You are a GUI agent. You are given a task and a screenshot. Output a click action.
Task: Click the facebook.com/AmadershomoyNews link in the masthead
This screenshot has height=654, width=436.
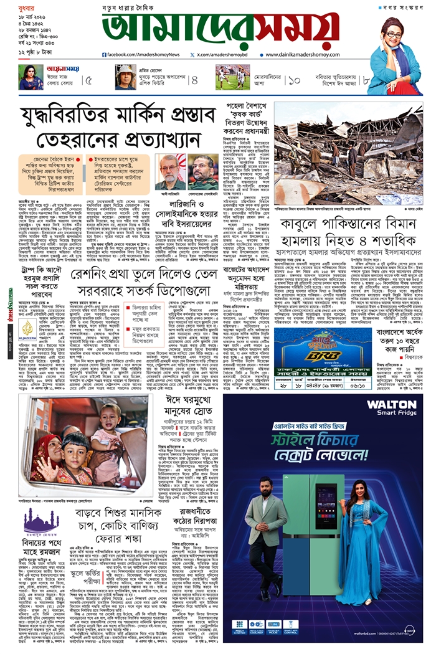(138, 55)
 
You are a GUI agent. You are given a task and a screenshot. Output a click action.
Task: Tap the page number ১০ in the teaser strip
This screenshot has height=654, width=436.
(295, 80)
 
